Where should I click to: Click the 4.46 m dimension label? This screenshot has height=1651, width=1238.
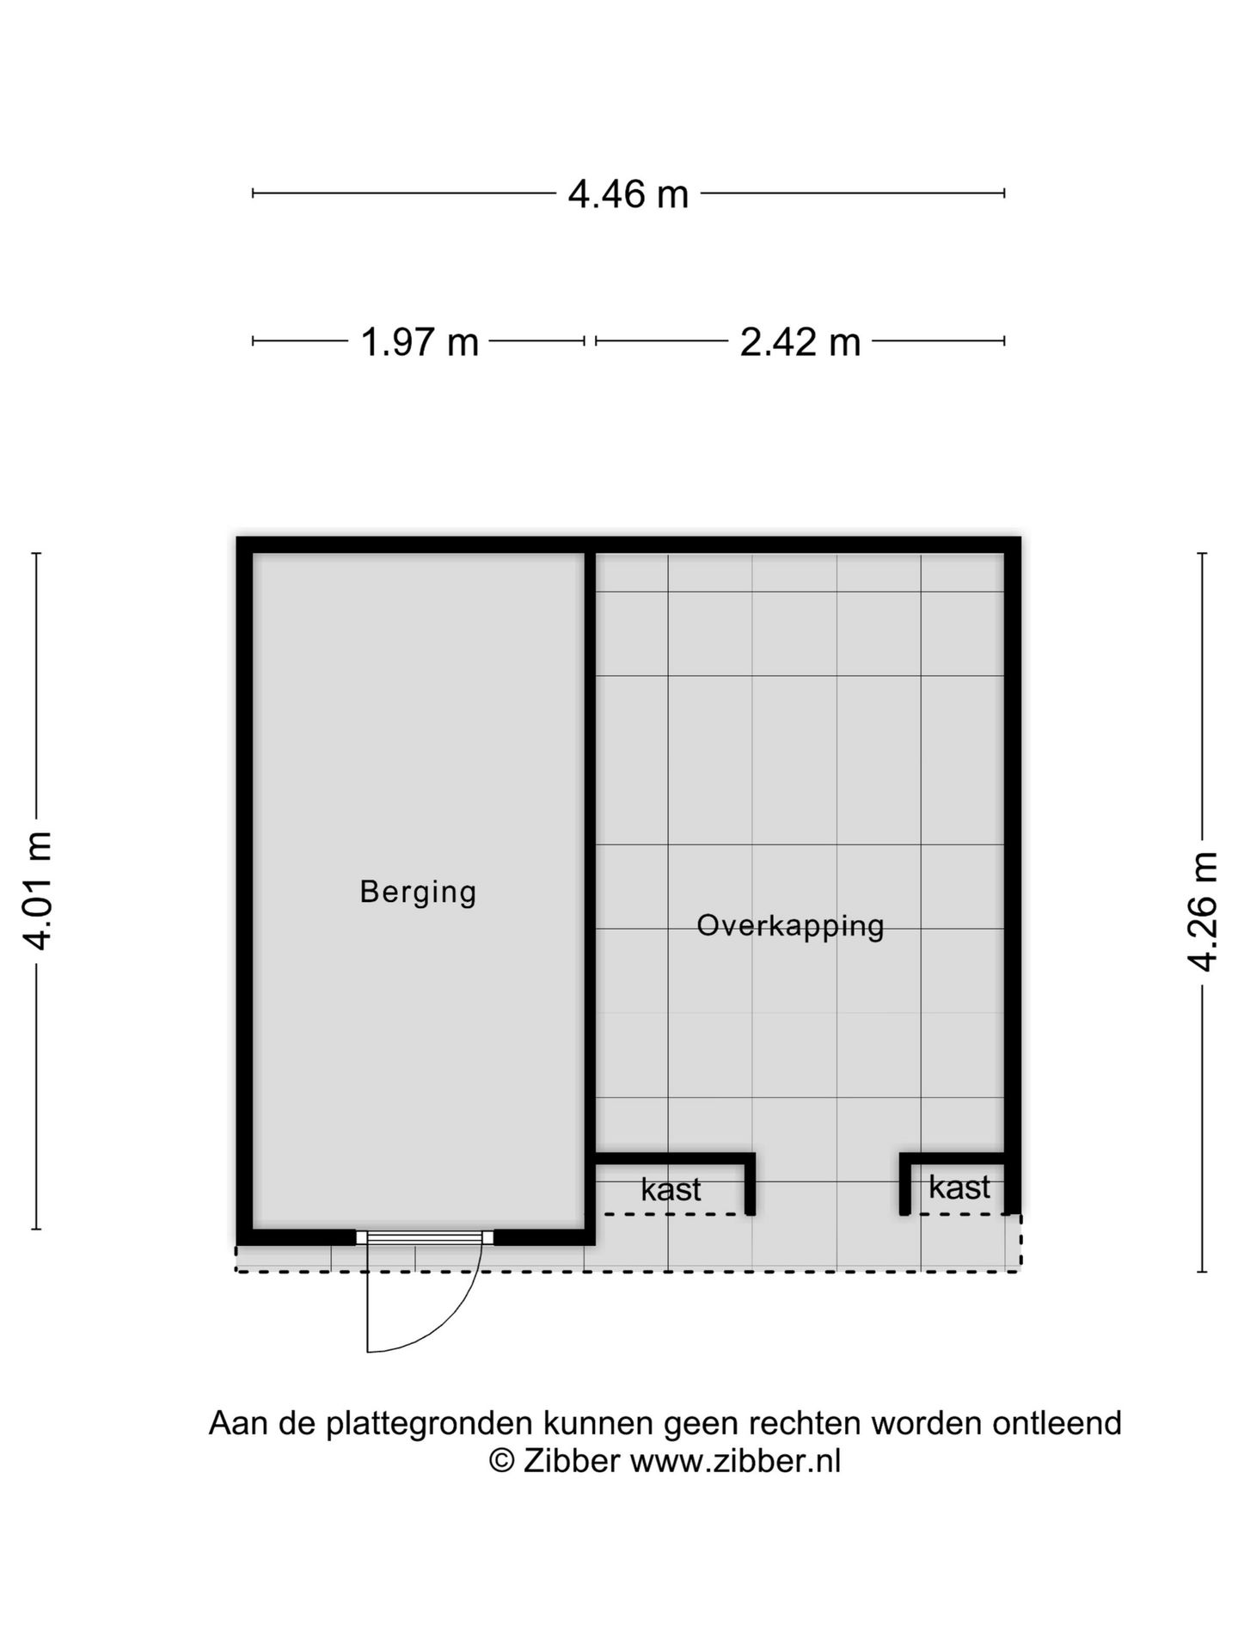(628, 194)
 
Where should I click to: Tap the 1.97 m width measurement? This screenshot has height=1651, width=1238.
(419, 342)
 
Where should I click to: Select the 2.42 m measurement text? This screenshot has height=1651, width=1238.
(800, 342)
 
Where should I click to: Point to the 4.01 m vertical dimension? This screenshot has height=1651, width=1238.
(38, 890)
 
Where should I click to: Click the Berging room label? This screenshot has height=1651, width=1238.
(418, 892)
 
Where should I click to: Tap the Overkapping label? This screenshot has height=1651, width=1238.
(790, 926)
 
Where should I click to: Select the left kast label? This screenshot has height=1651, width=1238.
(671, 1189)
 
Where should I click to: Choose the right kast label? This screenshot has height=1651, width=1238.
(959, 1188)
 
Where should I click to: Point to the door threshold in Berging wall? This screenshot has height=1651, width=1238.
(425, 1237)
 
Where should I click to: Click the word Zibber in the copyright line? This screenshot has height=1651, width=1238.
(570, 1461)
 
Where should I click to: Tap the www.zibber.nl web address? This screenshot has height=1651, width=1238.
(735, 1461)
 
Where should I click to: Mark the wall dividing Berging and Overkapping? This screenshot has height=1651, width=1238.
(590, 860)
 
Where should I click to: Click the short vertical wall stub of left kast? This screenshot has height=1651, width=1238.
(750, 1185)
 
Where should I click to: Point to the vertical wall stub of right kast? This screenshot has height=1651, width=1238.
(904, 1185)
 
